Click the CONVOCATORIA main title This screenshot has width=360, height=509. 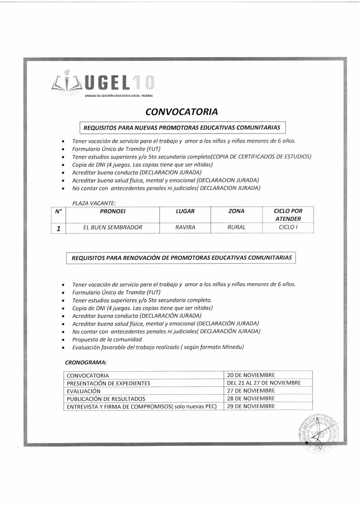point(181,112)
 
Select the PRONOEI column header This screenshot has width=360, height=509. point(113,212)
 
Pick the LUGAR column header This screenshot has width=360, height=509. point(185,211)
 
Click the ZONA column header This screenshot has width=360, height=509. point(236,211)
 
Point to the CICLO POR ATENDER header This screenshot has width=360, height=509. point(288,215)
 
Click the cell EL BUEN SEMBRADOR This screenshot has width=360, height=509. point(113,228)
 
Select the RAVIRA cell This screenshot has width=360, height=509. point(185,228)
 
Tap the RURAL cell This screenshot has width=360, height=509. point(236,227)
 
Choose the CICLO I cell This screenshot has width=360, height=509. point(288,227)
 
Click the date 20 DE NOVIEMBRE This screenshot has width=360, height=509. point(251,375)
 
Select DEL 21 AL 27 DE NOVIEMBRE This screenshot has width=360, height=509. point(264,383)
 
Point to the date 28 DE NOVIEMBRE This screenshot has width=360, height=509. point(251,398)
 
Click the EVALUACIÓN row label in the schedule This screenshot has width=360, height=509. point(84,391)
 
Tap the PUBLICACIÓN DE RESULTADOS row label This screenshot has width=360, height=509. point(106,399)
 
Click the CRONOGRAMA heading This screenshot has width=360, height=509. point(86,362)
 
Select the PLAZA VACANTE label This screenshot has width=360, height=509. point(94,203)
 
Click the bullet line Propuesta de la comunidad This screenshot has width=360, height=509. point(107,340)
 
